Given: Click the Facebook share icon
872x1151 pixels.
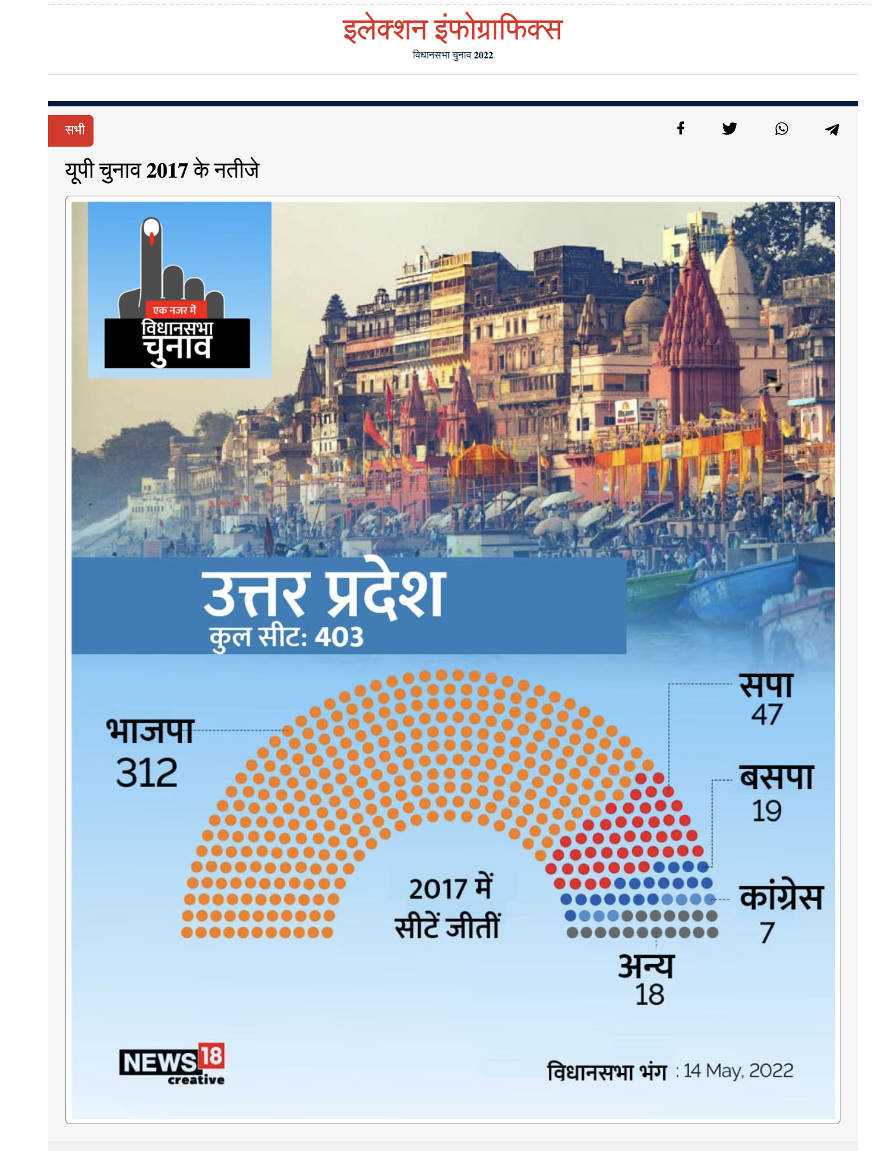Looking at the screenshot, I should [x=680, y=129].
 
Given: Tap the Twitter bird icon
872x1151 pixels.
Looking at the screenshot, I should [x=729, y=129].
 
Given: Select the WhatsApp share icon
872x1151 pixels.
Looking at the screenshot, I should [x=781, y=129].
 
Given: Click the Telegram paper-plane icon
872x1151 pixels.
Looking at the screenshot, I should [x=832, y=129].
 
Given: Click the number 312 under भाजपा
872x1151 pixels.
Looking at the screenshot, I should [x=147, y=773].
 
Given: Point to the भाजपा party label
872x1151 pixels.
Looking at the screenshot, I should [x=150, y=731].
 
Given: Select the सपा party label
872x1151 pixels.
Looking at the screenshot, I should [x=766, y=685].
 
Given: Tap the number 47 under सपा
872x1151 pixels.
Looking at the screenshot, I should [x=766, y=715].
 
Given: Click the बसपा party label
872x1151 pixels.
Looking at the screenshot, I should [x=777, y=778].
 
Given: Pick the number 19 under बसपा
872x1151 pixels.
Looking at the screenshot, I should [x=766, y=811].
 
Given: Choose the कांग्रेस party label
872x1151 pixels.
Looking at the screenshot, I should [x=781, y=897].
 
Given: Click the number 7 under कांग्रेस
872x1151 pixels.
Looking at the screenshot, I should [x=767, y=932].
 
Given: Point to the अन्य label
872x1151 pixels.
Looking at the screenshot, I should [x=646, y=966].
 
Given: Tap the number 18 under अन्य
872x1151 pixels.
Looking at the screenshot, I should [x=649, y=995].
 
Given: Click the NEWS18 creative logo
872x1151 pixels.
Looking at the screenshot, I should [x=172, y=1063].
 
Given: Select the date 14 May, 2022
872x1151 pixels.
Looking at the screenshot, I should [x=739, y=1071].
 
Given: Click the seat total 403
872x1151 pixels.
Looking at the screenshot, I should [x=339, y=637].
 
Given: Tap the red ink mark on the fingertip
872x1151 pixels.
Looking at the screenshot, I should [x=151, y=238].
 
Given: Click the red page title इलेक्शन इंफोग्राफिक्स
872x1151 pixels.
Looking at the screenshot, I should [x=452, y=29].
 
